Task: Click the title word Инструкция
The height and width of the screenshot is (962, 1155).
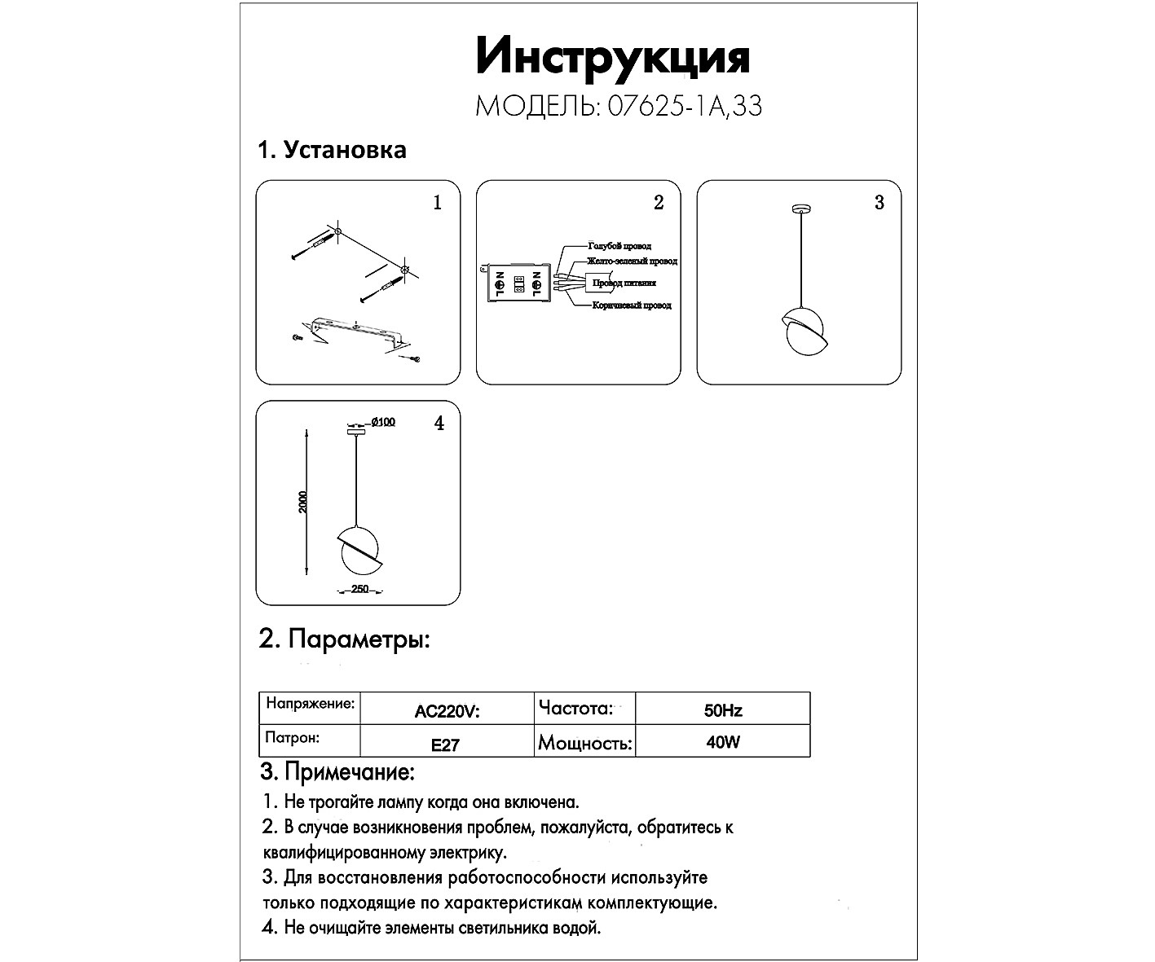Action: click(x=612, y=59)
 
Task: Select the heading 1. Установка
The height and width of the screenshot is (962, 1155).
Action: click(x=332, y=150)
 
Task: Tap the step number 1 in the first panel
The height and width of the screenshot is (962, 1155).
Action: click(x=438, y=203)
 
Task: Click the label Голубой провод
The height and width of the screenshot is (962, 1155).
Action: click(x=619, y=245)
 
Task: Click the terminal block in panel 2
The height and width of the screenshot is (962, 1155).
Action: click(x=518, y=284)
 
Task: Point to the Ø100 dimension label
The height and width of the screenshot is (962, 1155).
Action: click(x=382, y=422)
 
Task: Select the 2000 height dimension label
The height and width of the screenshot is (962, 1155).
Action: click(x=303, y=502)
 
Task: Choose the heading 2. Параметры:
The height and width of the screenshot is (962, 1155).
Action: click(x=344, y=639)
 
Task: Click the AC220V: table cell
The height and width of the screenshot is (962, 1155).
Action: click(x=447, y=711)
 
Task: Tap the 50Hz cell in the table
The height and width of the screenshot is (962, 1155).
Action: click(x=722, y=710)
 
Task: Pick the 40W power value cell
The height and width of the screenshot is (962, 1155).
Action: click(x=722, y=743)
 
